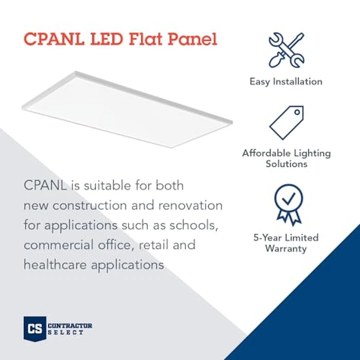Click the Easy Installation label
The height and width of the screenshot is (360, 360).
tap(286, 81)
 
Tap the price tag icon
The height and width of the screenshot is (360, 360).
tap(286, 122)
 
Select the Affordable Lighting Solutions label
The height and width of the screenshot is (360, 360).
tap(286, 158)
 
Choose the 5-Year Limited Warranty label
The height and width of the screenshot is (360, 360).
tap(286, 243)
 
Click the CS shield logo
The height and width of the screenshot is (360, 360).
tap(34, 328)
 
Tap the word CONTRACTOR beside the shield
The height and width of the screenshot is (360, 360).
tap(70, 326)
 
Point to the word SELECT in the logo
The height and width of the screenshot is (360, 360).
tap(66, 333)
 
